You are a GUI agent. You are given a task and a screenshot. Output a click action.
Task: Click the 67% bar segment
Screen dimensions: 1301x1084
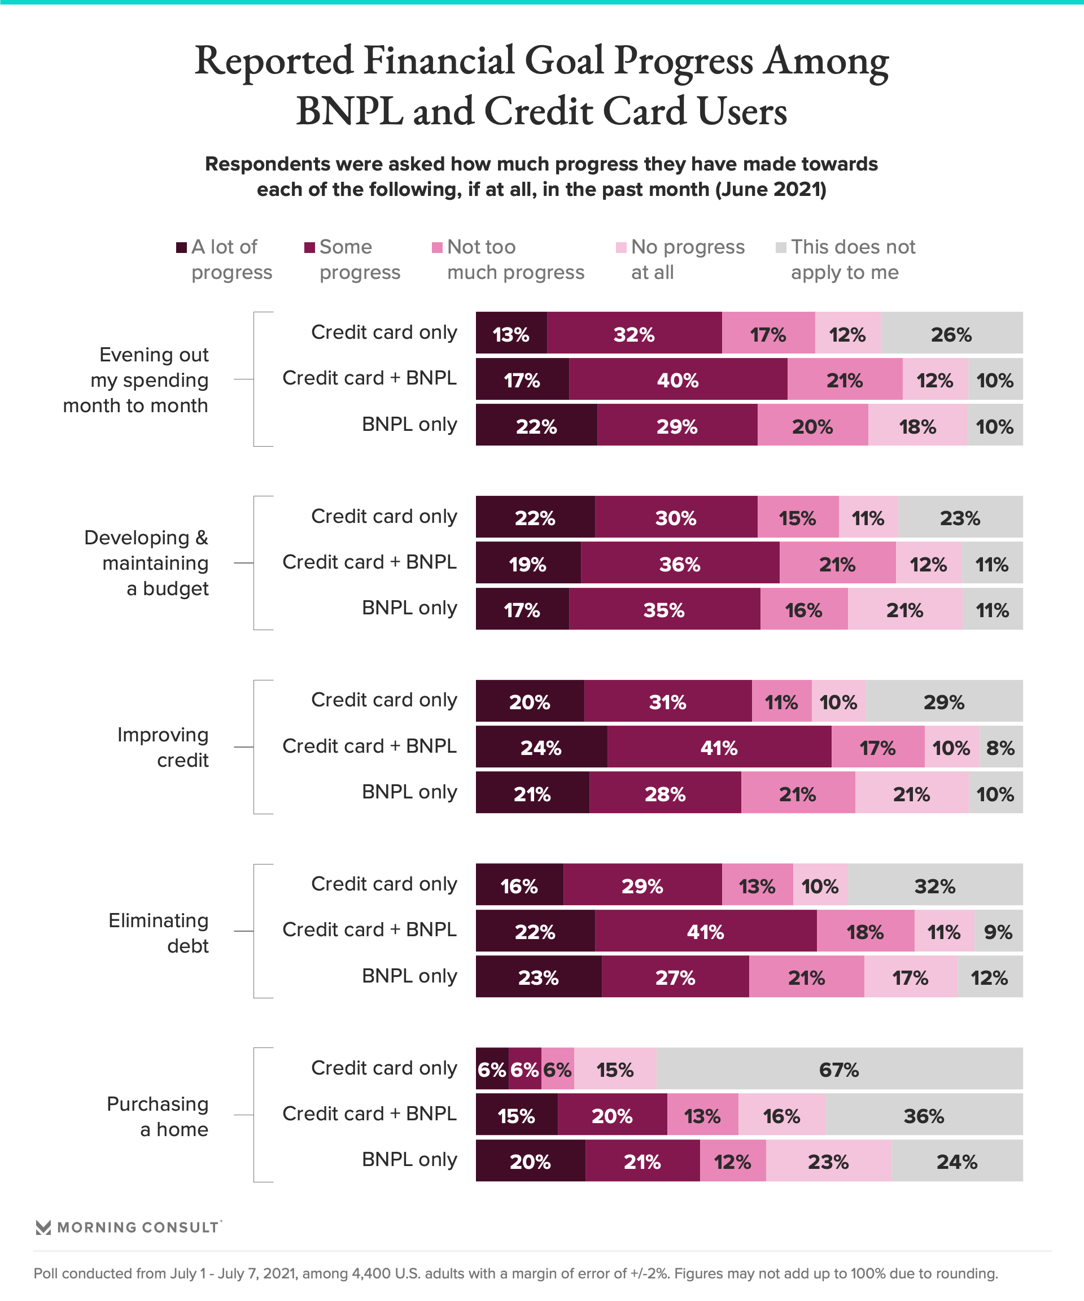[x=839, y=1069]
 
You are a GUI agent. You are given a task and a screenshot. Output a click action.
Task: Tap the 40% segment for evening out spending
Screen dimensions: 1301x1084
[x=677, y=380]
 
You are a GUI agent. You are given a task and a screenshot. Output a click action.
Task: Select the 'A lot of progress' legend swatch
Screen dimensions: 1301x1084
[x=181, y=248]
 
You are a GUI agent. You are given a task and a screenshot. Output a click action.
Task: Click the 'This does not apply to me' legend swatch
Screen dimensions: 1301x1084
[x=780, y=248]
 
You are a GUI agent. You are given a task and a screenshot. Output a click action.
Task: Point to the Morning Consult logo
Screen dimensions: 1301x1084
[x=128, y=1227]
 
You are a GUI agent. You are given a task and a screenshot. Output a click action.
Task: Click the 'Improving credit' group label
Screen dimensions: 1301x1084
[x=163, y=747]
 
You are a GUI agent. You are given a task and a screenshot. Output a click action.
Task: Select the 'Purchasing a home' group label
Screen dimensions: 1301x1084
[x=158, y=1116]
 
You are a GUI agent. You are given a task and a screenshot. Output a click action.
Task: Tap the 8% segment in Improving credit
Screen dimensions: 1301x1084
[x=1000, y=748]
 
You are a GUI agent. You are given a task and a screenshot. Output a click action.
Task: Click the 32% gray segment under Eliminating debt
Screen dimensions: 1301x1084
[x=935, y=886]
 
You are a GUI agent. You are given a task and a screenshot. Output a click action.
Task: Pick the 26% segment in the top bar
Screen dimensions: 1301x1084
[x=951, y=334]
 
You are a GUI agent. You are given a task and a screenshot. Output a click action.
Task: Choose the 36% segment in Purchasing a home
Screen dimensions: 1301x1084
[x=924, y=1116]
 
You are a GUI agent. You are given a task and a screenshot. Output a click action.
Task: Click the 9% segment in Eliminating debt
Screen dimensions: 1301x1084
[x=998, y=932]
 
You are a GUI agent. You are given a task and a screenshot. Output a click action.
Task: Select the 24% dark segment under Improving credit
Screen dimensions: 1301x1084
[x=541, y=748]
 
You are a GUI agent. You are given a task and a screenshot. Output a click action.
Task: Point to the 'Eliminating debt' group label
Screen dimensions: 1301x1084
[x=159, y=933]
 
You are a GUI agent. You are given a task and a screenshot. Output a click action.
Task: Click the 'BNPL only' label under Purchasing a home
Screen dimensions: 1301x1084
[x=409, y=1159]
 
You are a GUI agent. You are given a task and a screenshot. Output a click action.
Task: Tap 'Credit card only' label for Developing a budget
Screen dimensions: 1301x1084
[x=383, y=516]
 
